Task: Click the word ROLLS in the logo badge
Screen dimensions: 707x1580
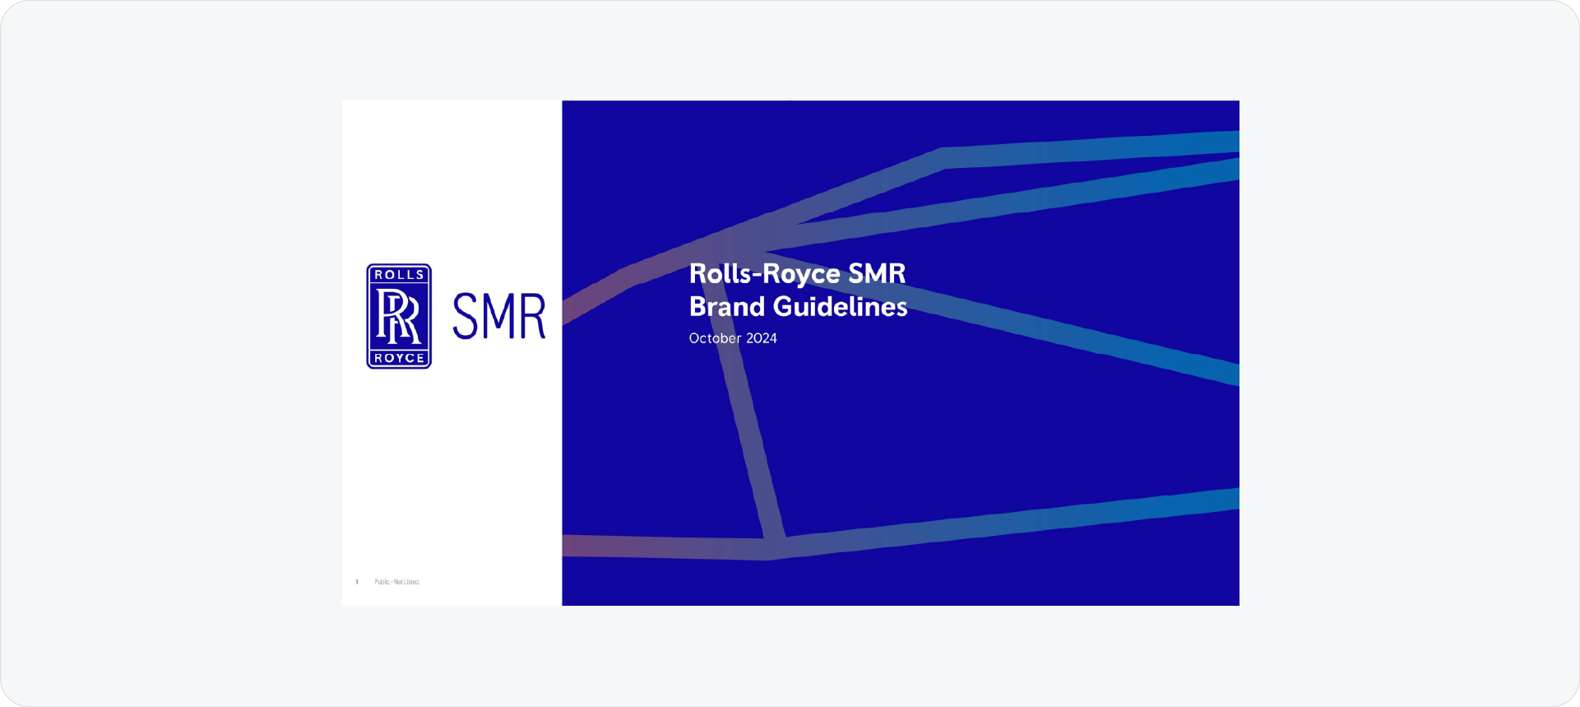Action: point(399,275)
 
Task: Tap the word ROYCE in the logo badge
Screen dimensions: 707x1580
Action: point(399,358)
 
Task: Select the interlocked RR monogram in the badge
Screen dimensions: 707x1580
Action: point(399,317)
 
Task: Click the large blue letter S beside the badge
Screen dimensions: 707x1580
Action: point(466,316)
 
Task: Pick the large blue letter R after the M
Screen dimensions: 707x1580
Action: point(532,316)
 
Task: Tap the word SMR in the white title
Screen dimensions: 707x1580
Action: point(878,273)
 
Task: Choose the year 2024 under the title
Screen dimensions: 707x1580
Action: point(761,338)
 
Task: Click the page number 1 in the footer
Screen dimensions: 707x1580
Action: point(357,582)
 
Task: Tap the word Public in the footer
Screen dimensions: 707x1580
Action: point(382,582)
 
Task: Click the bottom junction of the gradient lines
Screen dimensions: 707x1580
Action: point(772,547)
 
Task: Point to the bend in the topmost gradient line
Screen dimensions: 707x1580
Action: point(943,158)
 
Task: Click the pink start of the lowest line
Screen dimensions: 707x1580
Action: point(576,545)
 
